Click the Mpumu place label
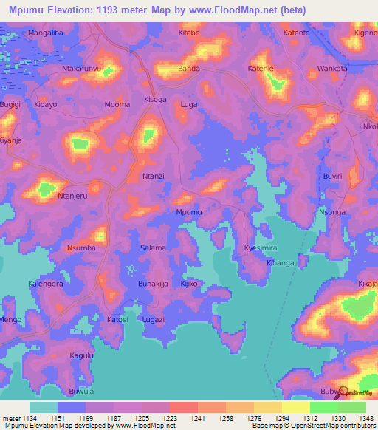tap(188, 212)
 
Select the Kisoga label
tap(155, 99)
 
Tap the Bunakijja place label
tap(154, 284)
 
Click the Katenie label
tap(261, 68)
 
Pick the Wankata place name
tap(331, 68)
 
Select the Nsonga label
tap(331, 212)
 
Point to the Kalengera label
tap(46, 284)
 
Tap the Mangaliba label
tap(46, 33)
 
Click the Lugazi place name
tap(153, 319)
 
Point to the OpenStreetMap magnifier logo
tap(341, 392)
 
